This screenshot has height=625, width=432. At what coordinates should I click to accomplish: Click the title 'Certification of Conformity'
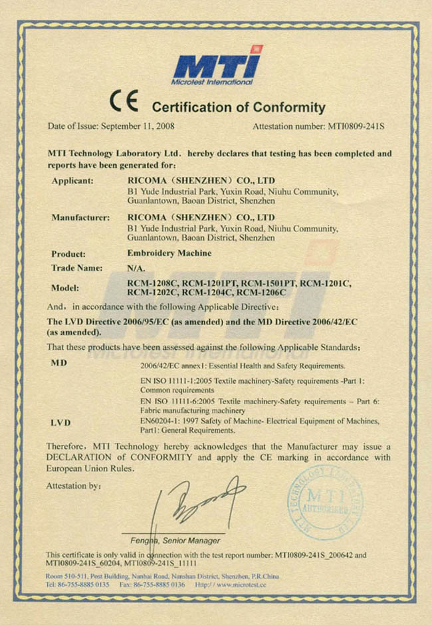(x=239, y=107)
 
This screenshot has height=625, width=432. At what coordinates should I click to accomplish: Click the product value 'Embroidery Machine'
(x=169, y=253)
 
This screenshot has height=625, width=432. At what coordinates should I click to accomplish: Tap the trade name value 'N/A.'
(x=135, y=269)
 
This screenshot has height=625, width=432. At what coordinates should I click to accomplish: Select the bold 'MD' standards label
(x=58, y=364)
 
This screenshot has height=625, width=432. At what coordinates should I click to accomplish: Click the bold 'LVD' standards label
(x=60, y=422)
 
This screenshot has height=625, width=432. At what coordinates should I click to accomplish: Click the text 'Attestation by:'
(x=74, y=486)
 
